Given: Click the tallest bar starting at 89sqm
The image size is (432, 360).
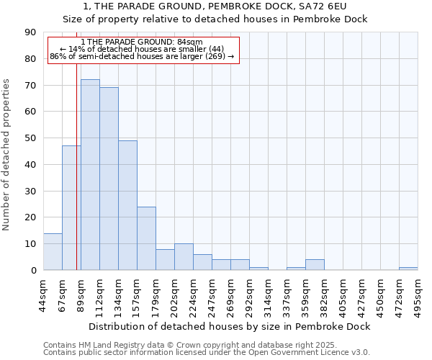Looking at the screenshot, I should pos(90,175).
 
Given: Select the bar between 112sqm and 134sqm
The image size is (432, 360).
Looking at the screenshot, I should pos(109,179).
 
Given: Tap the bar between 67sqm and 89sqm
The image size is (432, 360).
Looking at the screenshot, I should pos(71,207).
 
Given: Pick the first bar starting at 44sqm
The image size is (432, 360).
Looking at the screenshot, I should pos(53,251).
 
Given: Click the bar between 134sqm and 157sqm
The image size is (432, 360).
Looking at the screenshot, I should pos(127,205).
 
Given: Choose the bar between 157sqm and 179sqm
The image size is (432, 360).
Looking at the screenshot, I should pos(146,238).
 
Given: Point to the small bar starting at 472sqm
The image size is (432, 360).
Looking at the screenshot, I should pos(408,269).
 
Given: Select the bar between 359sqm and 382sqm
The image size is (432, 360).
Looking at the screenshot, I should pos(315,265).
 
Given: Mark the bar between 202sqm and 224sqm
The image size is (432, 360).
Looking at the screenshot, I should pos(184,257).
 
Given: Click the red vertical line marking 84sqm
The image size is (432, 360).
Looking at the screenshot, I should pos(76,180).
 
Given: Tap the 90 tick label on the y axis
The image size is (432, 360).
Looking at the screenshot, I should pos(30,32).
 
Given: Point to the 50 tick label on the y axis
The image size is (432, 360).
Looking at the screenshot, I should pos(30,138).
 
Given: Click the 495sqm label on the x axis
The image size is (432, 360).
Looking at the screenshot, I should pos(418,295).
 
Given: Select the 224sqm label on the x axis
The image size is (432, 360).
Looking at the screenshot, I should pos(194,295).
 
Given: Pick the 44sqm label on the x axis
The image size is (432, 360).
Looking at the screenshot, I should pos(44,295).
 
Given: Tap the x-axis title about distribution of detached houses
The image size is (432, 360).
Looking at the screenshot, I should pos(230,326).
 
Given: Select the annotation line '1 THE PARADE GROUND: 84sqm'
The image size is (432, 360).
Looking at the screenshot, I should pos(142,42).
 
